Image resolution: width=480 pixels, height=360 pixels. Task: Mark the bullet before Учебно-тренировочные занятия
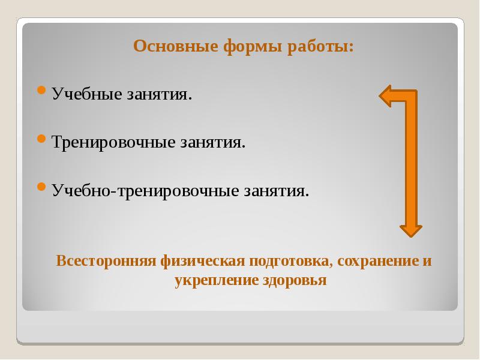click(x=41, y=187)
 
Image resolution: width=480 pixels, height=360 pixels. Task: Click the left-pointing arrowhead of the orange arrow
click(x=386, y=96)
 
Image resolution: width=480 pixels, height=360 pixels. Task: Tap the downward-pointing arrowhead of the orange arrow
click(x=411, y=230)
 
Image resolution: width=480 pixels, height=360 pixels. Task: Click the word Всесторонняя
click(x=106, y=262)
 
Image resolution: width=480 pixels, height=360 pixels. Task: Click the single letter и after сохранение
click(x=427, y=262)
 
